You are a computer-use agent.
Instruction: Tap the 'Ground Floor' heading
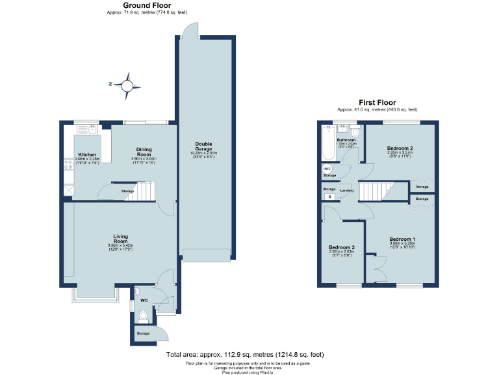tap(133, 5)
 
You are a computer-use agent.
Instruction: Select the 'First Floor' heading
tap(377, 102)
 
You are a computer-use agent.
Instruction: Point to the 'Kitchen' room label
tap(88, 155)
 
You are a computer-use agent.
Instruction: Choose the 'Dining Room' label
tap(144, 151)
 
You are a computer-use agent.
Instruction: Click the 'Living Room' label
tap(120, 238)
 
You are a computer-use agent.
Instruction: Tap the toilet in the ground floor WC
tap(144, 316)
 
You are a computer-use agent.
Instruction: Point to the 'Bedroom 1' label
tap(402, 239)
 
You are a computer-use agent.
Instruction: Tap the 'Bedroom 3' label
tap(341, 247)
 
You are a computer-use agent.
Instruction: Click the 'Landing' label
tap(347, 190)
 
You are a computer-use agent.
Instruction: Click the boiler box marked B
tap(329, 196)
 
